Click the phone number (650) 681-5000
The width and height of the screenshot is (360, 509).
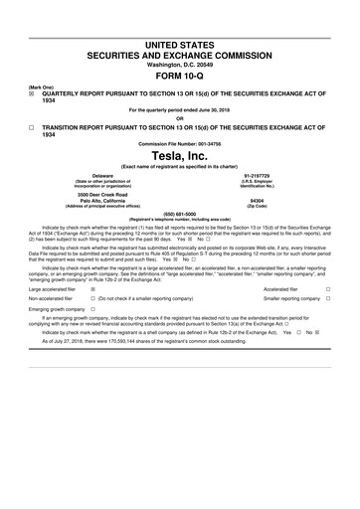180,211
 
